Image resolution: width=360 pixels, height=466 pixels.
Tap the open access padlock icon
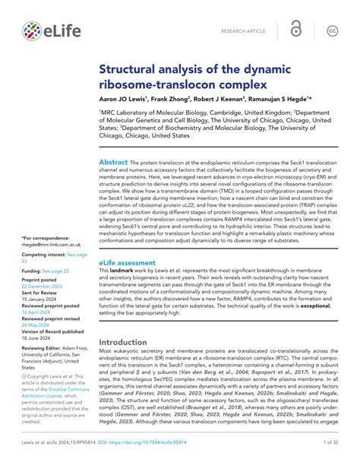(296, 30)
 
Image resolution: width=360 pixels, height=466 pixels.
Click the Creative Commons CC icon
(332, 30)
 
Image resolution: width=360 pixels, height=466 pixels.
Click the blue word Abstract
(114, 163)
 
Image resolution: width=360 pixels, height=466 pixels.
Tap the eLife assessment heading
(131, 262)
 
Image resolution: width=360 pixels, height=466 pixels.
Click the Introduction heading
(133, 342)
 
